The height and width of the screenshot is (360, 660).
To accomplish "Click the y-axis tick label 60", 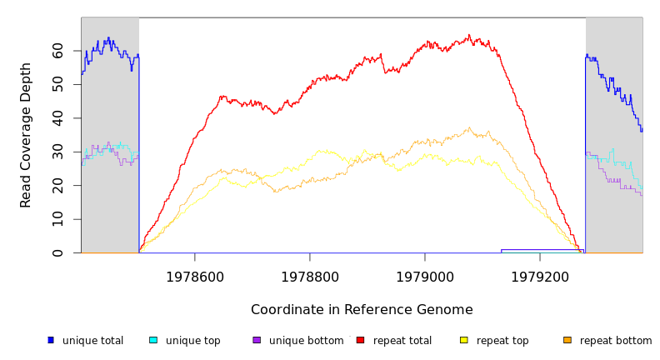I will [x=57, y=52].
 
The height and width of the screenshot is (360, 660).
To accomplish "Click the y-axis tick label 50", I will [x=57, y=85].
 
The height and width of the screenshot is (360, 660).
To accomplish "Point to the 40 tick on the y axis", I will [x=57, y=119].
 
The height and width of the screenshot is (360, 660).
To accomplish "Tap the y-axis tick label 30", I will [x=57, y=152].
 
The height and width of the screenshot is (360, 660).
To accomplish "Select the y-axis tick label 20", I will [x=57, y=186].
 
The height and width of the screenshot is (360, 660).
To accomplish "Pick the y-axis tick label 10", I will [x=57, y=219].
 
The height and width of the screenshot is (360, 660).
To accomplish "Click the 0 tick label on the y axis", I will [x=57, y=253].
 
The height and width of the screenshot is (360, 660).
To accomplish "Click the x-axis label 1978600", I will [x=195, y=277].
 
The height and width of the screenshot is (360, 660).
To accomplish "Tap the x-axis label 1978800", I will [x=310, y=277].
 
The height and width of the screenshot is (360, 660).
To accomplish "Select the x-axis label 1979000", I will [x=425, y=277].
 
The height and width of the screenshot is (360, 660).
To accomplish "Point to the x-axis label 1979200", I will [x=540, y=277].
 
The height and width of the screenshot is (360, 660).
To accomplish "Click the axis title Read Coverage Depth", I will [x=27, y=135].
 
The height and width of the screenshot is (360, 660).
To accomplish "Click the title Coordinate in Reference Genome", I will [x=362, y=310].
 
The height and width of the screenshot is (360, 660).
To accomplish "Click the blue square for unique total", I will [x=51, y=340].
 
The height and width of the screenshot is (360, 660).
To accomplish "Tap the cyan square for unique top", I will [x=152, y=340].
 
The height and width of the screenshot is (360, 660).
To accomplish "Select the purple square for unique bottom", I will [x=257, y=340].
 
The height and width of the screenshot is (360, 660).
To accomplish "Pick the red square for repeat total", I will [x=360, y=340].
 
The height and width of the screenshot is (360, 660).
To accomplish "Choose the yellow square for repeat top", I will [x=463, y=340].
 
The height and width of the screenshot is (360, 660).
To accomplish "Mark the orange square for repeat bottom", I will [x=567, y=340].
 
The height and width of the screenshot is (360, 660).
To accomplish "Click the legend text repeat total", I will [x=402, y=341].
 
